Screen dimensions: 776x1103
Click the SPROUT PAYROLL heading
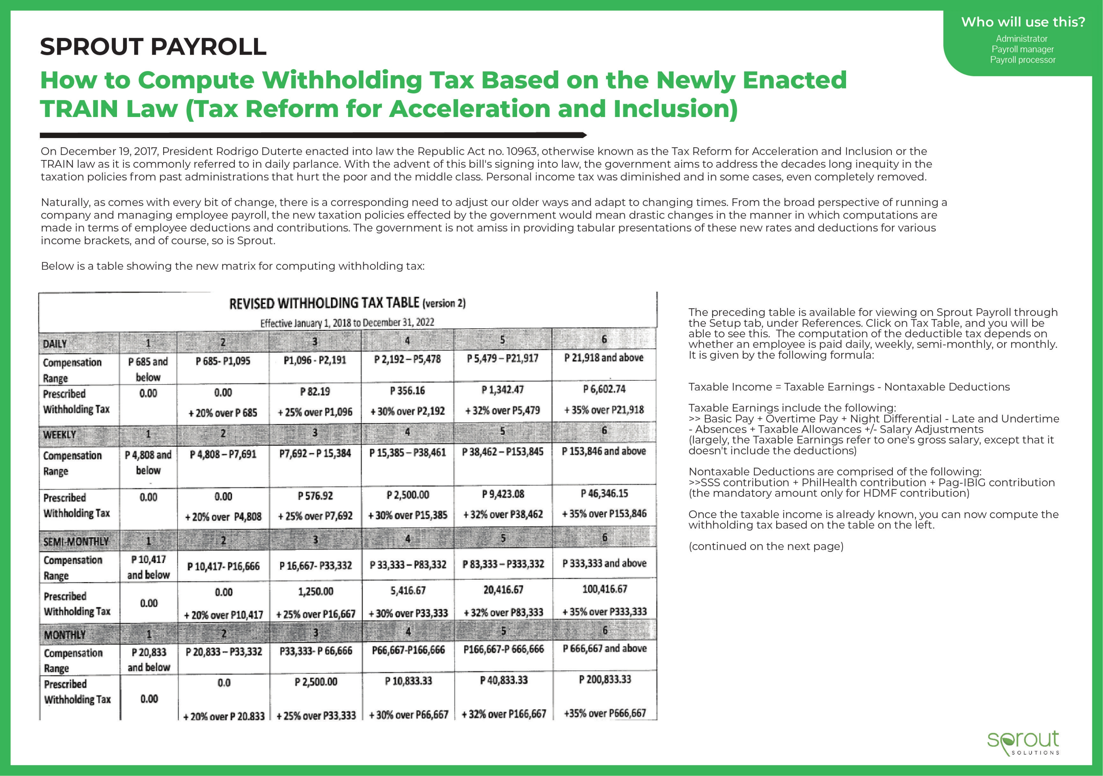pyautogui.click(x=153, y=47)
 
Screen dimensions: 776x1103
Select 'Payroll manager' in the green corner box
pyautogui.click(x=1022, y=49)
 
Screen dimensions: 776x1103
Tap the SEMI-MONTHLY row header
pyautogui.click(x=76, y=542)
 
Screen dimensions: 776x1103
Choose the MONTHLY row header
pyautogui.click(x=64, y=635)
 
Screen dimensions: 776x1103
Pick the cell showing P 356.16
pyautogui.click(x=407, y=391)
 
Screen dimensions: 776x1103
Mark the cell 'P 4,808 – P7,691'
pyautogui.click(x=223, y=454)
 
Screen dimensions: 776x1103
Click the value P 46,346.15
pyautogui.click(x=604, y=494)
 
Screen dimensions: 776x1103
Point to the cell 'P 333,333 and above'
pyautogui.click(x=604, y=563)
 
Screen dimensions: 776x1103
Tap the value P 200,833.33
pyautogui.click(x=604, y=679)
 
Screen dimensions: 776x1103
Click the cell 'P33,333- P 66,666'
pyautogui.click(x=316, y=651)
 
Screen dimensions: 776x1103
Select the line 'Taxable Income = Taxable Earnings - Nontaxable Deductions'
pyautogui.click(x=849, y=387)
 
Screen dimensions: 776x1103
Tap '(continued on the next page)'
pyautogui.click(x=766, y=546)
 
